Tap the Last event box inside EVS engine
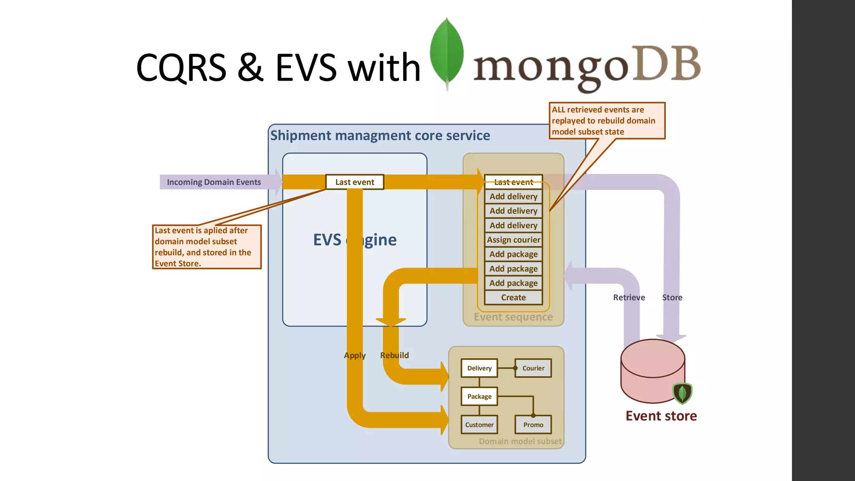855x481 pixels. (x=354, y=182)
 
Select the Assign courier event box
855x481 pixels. (x=513, y=240)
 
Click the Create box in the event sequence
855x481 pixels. (x=513, y=298)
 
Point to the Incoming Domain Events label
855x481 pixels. (x=214, y=182)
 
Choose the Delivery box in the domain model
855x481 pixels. (x=479, y=368)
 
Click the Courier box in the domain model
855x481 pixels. (x=533, y=368)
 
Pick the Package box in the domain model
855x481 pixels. (x=479, y=397)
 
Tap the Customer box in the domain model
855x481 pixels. (x=479, y=425)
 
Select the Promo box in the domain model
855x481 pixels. (x=533, y=425)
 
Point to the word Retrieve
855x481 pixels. (x=629, y=298)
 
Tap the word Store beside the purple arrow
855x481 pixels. (x=672, y=298)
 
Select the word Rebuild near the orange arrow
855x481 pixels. (x=394, y=355)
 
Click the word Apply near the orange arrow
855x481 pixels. (x=354, y=355)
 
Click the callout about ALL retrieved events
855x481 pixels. (x=607, y=121)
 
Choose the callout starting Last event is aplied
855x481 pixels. (x=207, y=247)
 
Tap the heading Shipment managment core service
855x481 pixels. (x=380, y=136)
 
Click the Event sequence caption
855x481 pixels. (x=513, y=317)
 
